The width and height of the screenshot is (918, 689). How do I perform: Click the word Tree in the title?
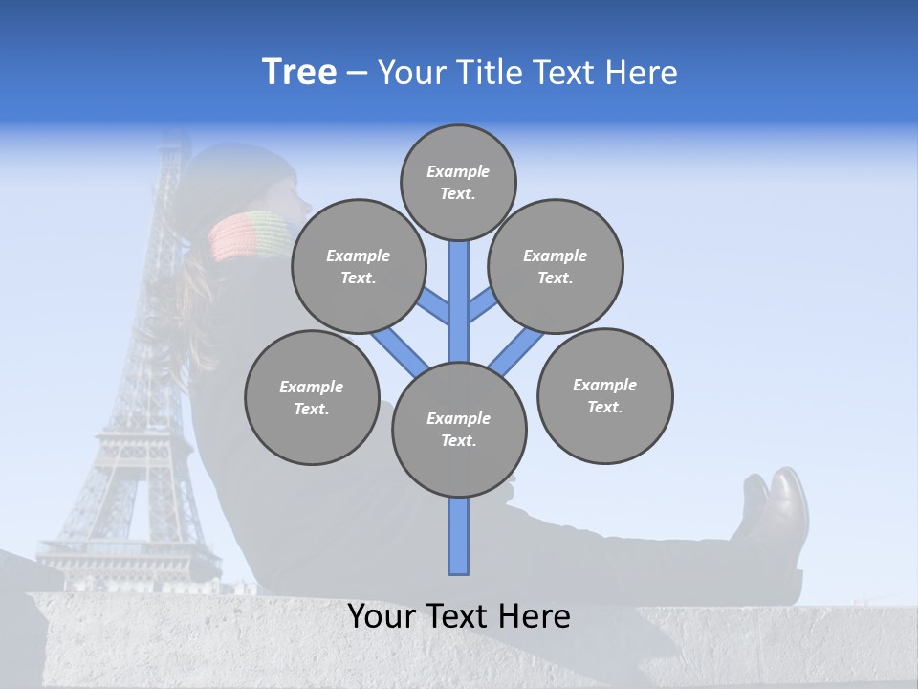click(299, 73)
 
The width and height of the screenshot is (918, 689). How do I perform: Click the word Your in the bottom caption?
click(382, 616)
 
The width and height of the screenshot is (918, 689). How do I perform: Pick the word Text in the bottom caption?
click(456, 616)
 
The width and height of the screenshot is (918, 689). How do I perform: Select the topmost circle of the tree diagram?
click(458, 182)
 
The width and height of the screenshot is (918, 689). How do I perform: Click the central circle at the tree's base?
click(459, 430)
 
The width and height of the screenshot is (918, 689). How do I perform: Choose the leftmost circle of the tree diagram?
click(312, 397)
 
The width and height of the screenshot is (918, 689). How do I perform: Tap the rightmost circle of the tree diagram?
click(604, 395)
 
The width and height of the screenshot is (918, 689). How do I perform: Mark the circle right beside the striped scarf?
click(359, 266)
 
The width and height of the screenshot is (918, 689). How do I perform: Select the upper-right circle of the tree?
click(556, 266)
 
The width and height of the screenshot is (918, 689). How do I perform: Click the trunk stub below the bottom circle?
click(459, 536)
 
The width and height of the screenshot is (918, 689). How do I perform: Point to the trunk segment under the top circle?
click(459, 297)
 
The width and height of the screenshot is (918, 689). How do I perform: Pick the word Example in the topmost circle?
click(458, 171)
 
